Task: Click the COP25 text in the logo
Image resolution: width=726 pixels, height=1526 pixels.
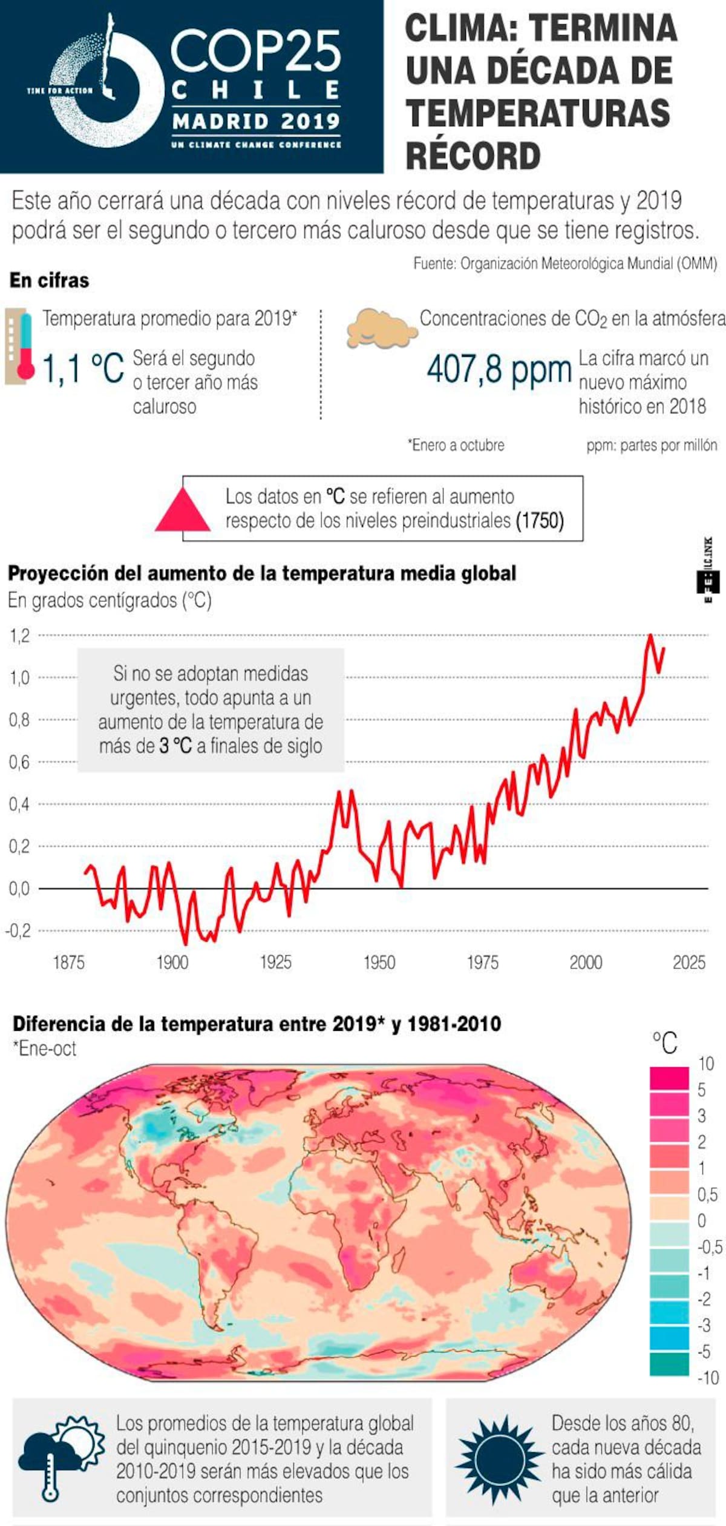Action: point(256,51)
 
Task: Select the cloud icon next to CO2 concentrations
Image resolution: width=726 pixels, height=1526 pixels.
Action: point(381,329)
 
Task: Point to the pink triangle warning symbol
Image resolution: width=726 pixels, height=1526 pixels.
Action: point(183,510)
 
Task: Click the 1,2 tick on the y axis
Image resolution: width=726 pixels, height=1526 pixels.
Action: point(19,636)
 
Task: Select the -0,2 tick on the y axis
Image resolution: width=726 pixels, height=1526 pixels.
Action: point(18,930)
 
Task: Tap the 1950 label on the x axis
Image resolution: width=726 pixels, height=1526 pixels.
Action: point(379,962)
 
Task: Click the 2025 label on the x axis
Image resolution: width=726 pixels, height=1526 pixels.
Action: point(689,962)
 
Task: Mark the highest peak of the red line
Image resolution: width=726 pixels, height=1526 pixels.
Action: point(650,635)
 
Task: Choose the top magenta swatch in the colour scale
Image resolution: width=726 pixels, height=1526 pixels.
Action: point(669,1077)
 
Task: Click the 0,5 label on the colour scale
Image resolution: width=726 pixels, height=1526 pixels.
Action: point(707,1194)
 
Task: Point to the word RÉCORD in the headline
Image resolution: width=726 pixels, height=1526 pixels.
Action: point(473,156)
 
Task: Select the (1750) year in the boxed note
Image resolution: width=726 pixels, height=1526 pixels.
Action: point(540,521)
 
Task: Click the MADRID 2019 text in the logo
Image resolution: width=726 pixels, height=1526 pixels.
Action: point(256,121)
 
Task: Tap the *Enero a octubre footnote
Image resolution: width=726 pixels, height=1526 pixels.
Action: point(456,445)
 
